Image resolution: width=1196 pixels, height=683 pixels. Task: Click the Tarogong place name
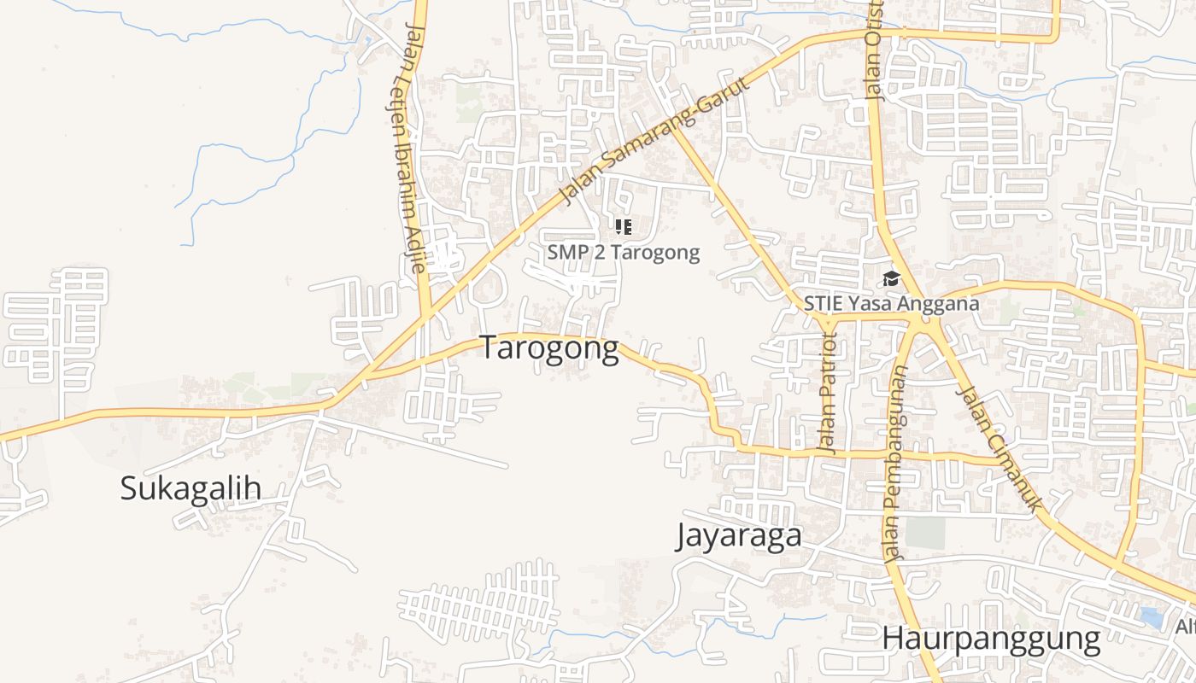[x=548, y=348]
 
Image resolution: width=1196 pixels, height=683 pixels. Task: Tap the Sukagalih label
[x=190, y=488]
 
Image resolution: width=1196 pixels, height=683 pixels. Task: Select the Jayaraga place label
[x=739, y=536]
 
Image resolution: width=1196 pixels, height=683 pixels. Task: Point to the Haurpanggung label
[x=991, y=639]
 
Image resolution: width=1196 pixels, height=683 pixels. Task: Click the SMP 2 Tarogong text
[x=623, y=253]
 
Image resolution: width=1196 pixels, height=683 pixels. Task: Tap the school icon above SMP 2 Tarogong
[x=623, y=227]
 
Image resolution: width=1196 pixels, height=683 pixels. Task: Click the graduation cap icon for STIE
[x=891, y=279]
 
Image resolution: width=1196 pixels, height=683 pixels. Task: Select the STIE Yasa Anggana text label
[x=891, y=303]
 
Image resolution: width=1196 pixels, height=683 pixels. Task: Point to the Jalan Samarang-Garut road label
[x=654, y=142]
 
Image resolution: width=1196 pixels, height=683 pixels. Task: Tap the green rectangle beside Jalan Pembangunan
[x=925, y=534]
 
